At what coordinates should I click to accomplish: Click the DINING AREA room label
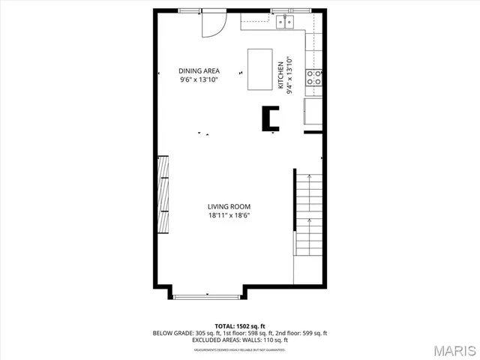pyautogui.click(x=199, y=70)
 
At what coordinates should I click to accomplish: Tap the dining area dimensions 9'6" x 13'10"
pyautogui.click(x=199, y=79)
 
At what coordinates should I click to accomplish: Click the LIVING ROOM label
pyautogui.click(x=229, y=206)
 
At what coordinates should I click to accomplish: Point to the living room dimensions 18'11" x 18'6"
pyautogui.click(x=229, y=215)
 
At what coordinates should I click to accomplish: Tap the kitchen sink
pyautogui.click(x=285, y=22)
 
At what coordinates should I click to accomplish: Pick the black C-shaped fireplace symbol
pyautogui.click(x=270, y=118)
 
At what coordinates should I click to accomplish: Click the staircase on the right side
pyautogui.click(x=309, y=214)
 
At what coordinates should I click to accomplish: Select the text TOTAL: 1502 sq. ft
pyautogui.click(x=240, y=326)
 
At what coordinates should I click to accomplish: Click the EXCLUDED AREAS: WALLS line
pyautogui.click(x=240, y=340)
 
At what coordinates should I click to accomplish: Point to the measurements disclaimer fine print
pyautogui.click(x=240, y=349)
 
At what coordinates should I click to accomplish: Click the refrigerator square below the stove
pyautogui.click(x=314, y=112)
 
